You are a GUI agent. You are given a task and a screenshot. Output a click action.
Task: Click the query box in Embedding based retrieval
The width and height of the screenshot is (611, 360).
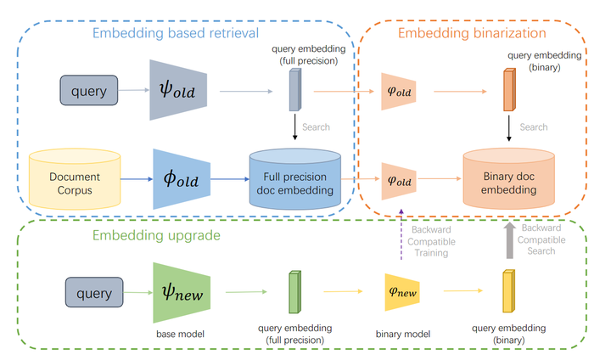coord(90,91)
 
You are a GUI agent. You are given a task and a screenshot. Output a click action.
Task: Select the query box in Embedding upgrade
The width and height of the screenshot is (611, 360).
coord(94,293)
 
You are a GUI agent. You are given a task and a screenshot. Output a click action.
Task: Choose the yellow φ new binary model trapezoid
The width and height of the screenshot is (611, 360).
coord(403,292)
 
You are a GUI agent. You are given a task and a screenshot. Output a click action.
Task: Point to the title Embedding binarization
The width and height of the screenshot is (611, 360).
coord(472,34)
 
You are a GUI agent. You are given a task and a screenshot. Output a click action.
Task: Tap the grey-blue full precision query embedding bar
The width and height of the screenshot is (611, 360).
coord(294,89)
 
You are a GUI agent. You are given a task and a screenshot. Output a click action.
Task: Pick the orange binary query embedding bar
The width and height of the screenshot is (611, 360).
coord(508,90)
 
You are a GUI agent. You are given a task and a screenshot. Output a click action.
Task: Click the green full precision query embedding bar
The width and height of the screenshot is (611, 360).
coord(294,293)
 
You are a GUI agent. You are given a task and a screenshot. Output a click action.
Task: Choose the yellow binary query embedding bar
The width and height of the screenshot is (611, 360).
coord(508,292)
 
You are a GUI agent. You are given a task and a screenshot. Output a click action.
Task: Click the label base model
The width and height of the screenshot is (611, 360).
coord(177,334)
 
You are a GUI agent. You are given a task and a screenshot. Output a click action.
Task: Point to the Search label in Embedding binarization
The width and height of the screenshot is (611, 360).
coord(533,127)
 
